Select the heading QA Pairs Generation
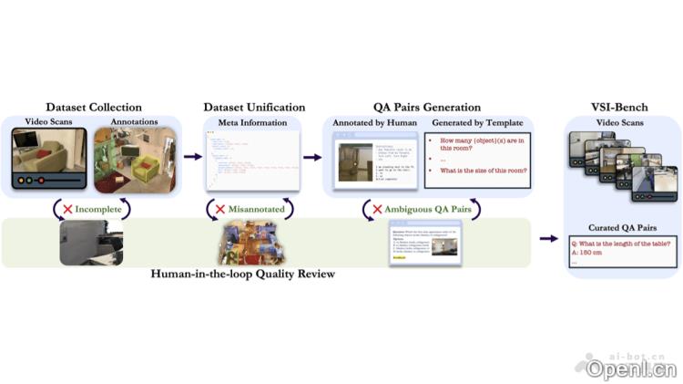click(x=427, y=108)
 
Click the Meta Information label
click(x=251, y=122)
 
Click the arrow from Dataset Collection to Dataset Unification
click(x=192, y=157)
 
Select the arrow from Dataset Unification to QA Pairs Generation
click(x=312, y=157)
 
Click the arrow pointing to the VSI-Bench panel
click(x=549, y=239)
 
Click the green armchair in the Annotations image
click(x=145, y=168)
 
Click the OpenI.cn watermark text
click(x=632, y=369)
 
